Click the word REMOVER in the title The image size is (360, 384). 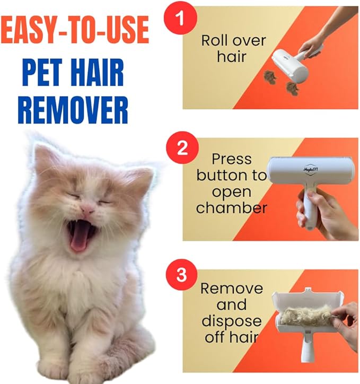click(x=73, y=109)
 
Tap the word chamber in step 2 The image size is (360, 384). click(x=232, y=208)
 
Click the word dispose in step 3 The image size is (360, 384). click(x=231, y=321)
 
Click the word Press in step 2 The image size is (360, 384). click(x=232, y=159)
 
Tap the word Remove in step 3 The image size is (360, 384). click(x=232, y=289)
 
